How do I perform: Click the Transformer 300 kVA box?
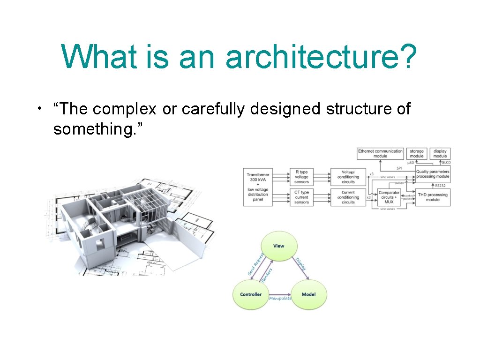coord(258,187)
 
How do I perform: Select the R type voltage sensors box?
coord(302,177)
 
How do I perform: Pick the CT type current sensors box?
coord(302,197)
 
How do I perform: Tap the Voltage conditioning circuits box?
coord(348,177)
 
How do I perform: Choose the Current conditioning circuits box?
coord(348,197)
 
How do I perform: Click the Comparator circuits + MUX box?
coord(389,197)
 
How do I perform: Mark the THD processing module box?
coord(433,197)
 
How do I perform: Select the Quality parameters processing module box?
coord(433,174)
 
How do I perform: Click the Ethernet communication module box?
coord(380,153)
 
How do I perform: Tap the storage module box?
coord(417,153)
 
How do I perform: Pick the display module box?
coord(440,153)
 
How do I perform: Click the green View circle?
coord(278,246)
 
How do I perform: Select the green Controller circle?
coord(251,294)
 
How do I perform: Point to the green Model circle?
coord(308,294)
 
